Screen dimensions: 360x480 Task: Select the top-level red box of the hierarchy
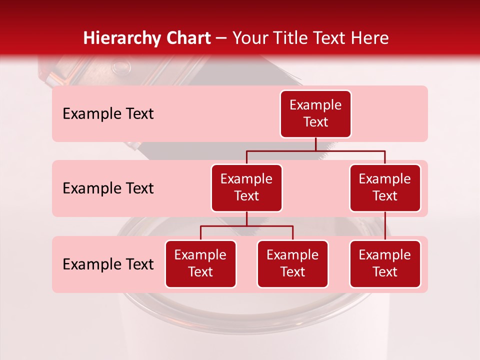coord(315,114)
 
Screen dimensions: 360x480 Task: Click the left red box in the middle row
coord(246,188)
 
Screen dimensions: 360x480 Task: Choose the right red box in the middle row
coord(385,188)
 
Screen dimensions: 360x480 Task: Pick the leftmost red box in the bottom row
coord(200,264)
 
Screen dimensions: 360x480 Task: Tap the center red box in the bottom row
coord(292,264)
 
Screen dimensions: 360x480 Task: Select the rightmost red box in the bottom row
coord(385,264)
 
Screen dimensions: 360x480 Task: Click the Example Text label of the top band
coord(108,114)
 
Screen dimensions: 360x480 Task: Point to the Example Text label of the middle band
coord(108,188)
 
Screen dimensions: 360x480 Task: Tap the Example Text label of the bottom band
coord(108,264)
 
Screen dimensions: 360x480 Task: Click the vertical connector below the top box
coord(315,144)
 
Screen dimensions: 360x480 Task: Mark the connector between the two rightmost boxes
coord(385,226)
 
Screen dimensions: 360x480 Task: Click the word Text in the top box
coord(315,122)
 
